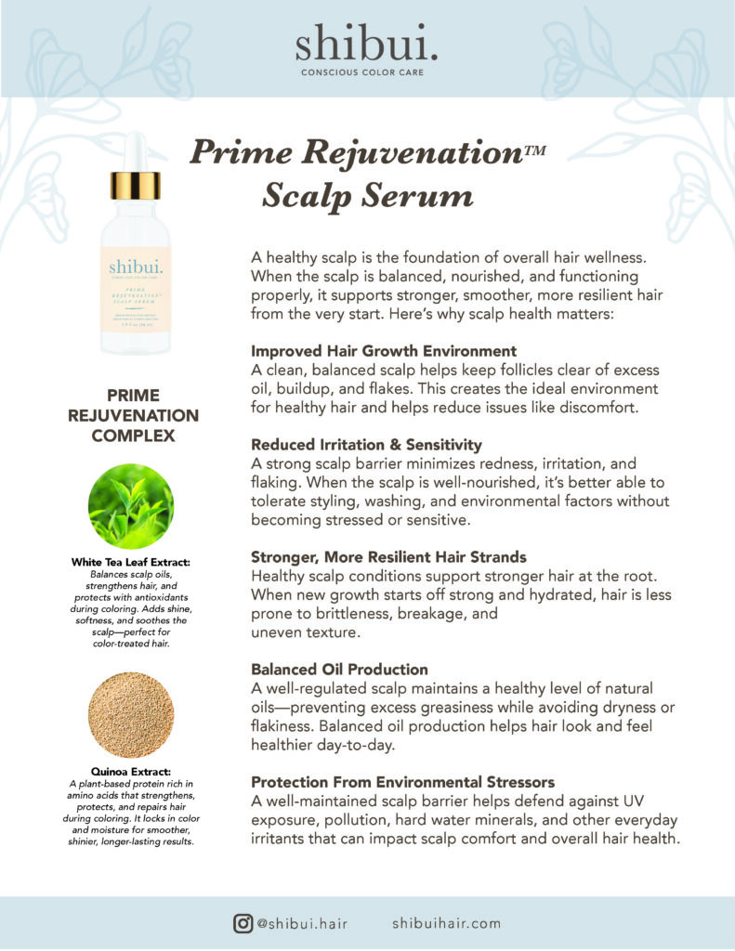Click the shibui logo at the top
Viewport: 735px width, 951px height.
point(367,44)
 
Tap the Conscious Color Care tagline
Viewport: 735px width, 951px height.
point(367,72)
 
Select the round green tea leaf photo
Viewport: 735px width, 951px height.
point(130,506)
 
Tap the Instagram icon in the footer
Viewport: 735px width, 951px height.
point(243,923)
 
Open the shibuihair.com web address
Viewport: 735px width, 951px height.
point(446,923)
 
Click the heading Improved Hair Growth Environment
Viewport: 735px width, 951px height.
point(384,351)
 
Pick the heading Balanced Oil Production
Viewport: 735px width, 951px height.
point(339,669)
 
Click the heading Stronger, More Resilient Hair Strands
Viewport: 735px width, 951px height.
point(388,557)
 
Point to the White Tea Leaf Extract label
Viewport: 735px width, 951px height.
point(130,562)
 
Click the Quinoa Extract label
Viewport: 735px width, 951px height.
point(130,770)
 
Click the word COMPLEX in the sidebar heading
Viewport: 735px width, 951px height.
point(133,435)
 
